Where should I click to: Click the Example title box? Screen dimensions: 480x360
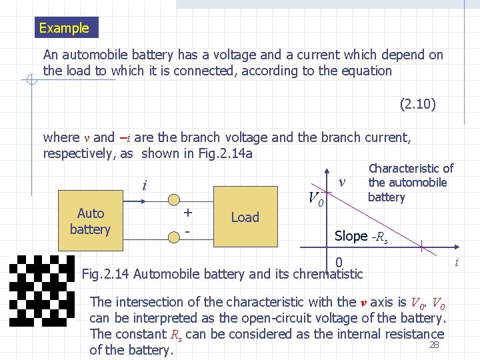pyautogui.click(x=64, y=28)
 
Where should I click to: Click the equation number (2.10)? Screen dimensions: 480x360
pyautogui.click(x=418, y=104)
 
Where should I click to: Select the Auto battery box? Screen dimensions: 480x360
pyautogui.click(x=91, y=221)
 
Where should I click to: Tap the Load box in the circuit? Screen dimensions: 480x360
pyautogui.click(x=245, y=217)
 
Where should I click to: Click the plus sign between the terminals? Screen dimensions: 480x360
pyautogui.click(x=189, y=213)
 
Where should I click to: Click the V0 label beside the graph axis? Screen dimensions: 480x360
pyautogui.click(x=316, y=199)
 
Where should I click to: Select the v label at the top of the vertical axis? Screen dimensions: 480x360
pyautogui.click(x=342, y=181)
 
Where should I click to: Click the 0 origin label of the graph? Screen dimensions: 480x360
pyautogui.click(x=339, y=263)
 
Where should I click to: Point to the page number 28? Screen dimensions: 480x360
pyautogui.click(x=434, y=345)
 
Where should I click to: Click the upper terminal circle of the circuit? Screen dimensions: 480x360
pyautogui.click(x=173, y=199)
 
